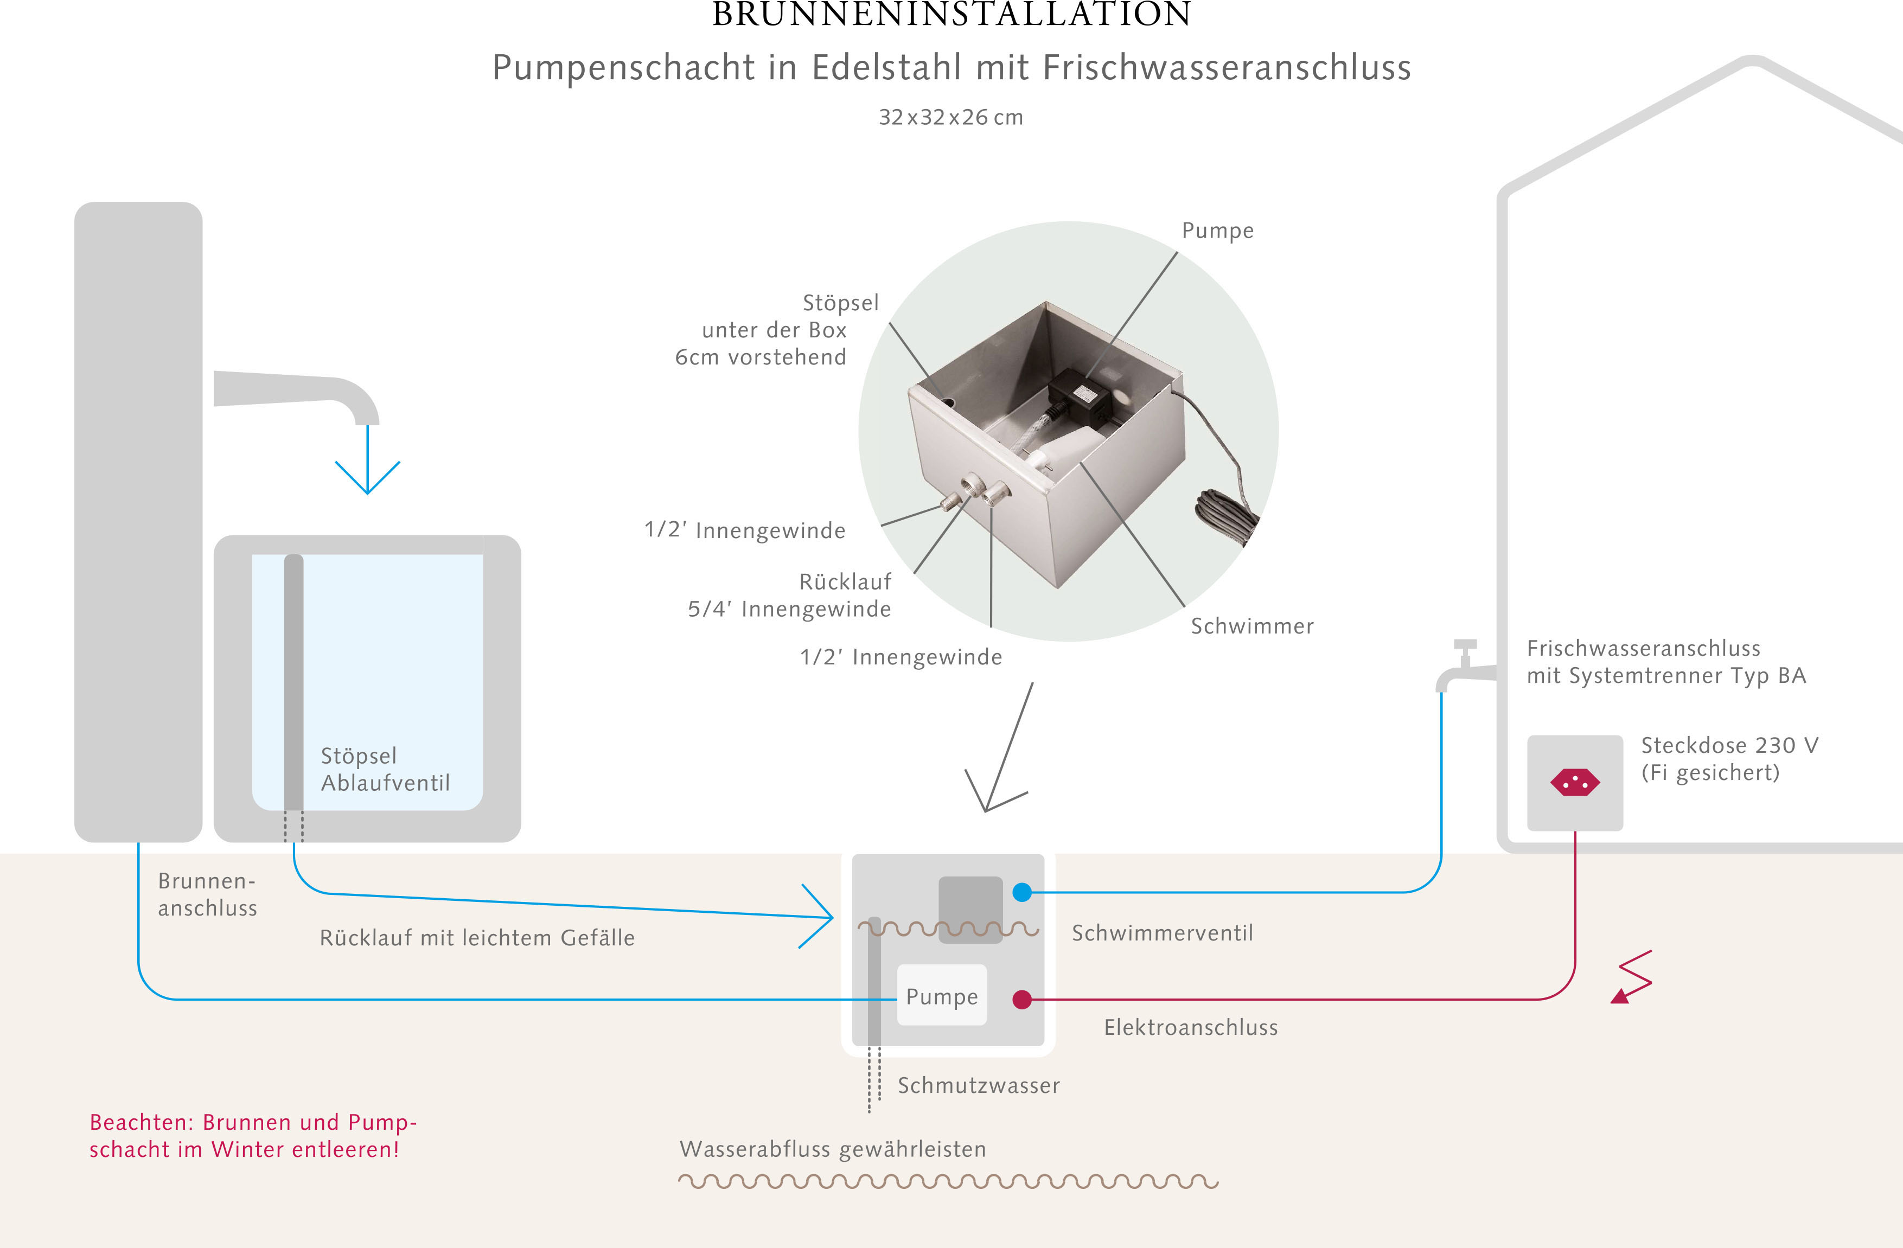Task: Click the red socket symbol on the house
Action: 1574,783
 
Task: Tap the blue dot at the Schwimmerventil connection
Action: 1022,892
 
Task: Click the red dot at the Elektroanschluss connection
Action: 1022,1000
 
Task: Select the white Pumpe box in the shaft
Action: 942,995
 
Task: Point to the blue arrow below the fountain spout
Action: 367,460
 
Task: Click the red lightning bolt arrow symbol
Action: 1632,977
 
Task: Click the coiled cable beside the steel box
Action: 1227,516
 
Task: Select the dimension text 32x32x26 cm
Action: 951,118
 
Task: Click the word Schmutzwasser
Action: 979,1086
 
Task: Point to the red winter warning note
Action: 253,1135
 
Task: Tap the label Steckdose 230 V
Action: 1729,745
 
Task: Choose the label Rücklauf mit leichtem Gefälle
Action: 477,938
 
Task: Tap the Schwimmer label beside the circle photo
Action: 1252,626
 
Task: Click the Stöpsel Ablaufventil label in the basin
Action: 385,769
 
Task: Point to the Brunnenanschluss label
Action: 207,894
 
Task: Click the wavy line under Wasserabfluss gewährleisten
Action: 948,1181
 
